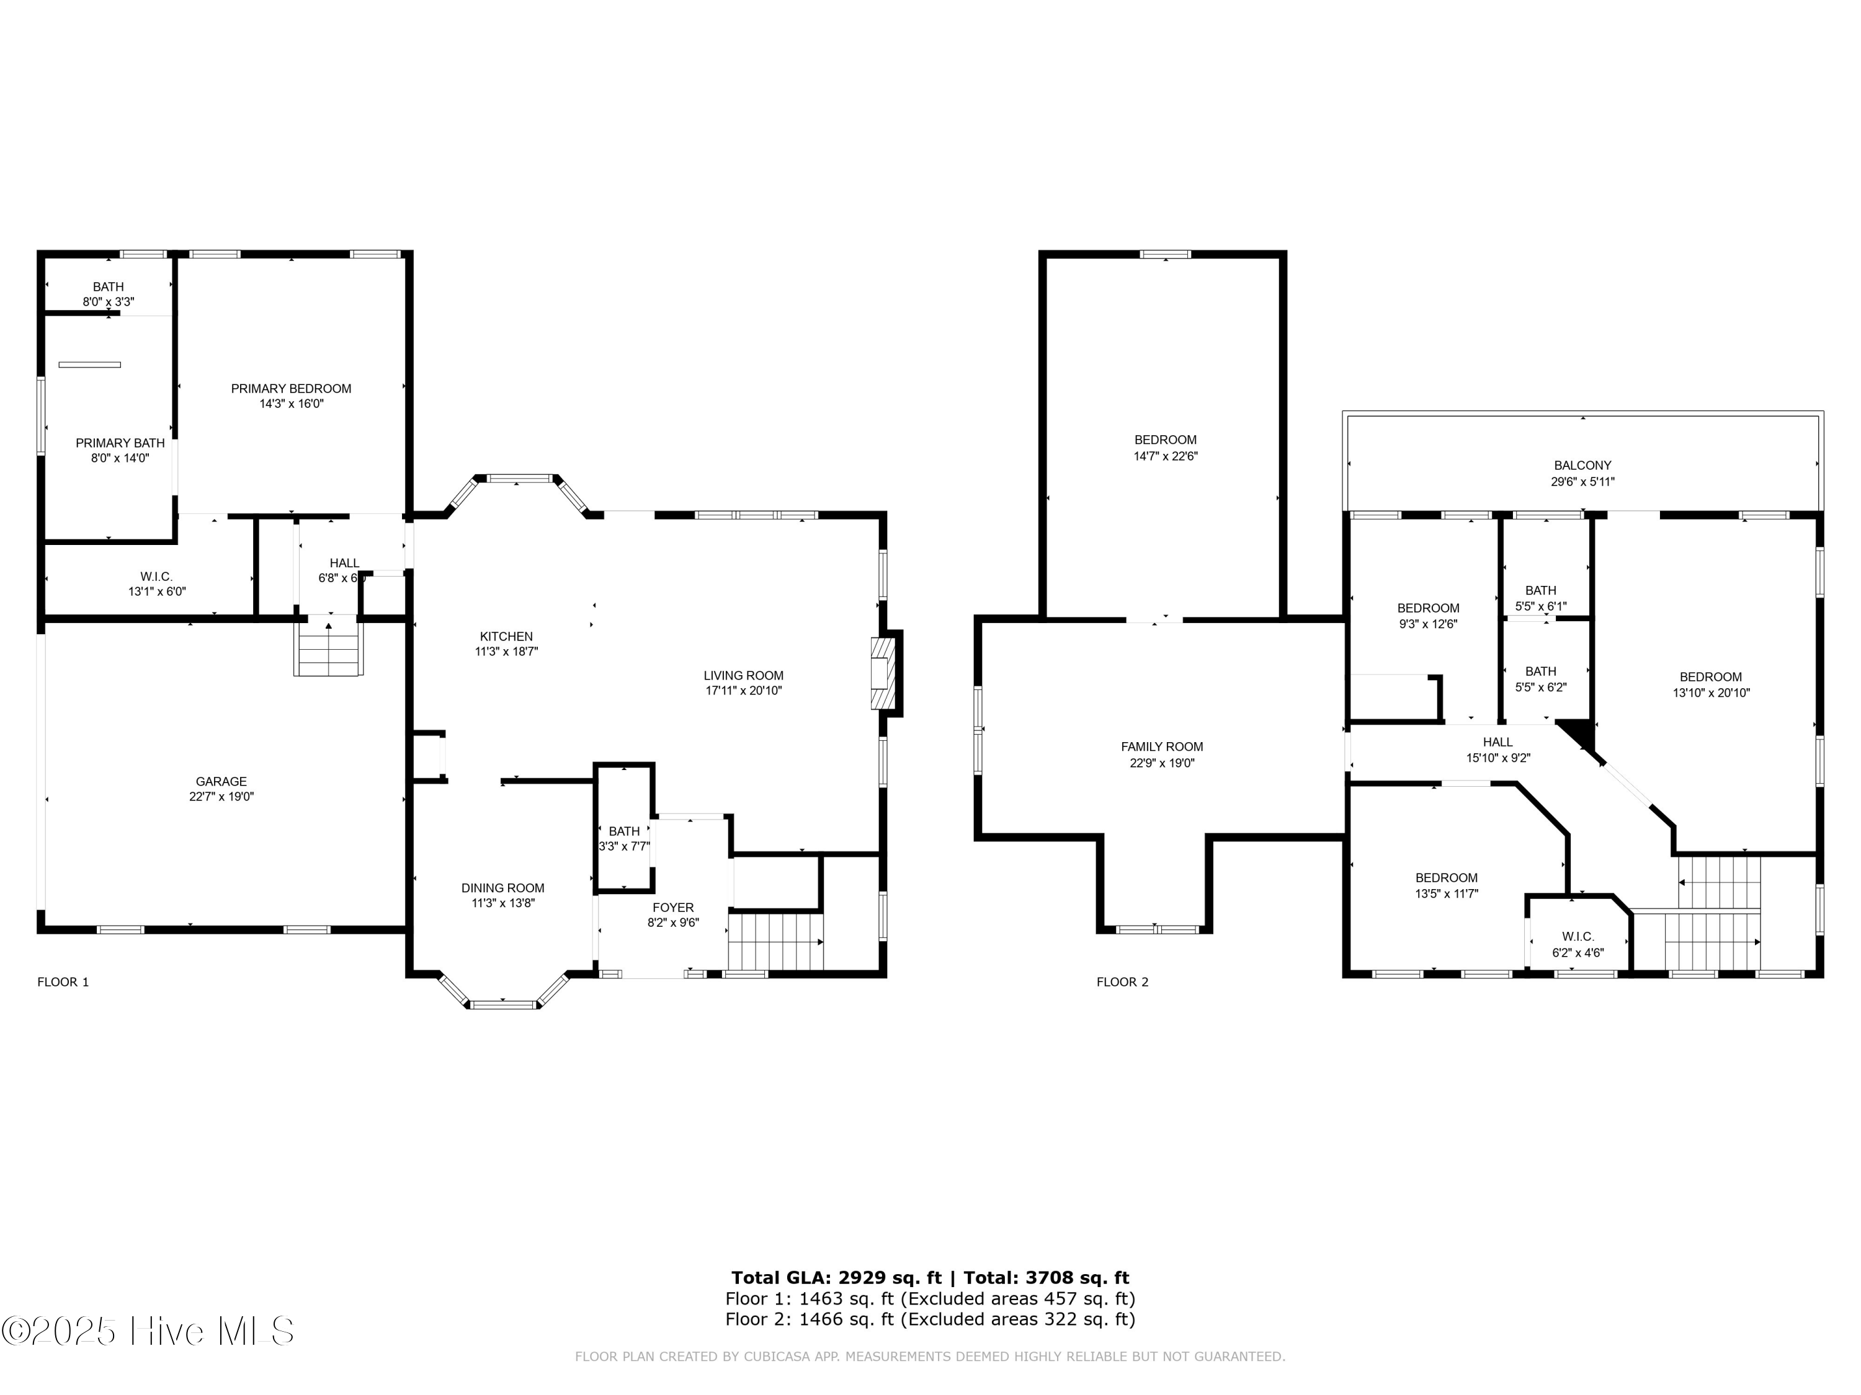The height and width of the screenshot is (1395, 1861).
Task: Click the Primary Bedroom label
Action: click(x=291, y=389)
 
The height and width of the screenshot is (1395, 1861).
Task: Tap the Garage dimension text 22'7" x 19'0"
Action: click(x=221, y=796)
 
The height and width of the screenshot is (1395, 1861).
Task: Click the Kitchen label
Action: click(x=506, y=637)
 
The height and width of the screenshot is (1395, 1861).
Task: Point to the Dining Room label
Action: click(x=502, y=888)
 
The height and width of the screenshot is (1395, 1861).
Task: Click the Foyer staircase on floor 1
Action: click(x=774, y=942)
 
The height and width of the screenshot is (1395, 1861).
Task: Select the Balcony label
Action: click(x=1582, y=465)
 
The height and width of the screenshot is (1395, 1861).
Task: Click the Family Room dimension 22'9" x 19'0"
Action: click(x=1161, y=763)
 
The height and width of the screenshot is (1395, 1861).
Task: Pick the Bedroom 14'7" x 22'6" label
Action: click(x=1165, y=440)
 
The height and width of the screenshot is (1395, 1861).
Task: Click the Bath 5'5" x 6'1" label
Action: click(x=1540, y=590)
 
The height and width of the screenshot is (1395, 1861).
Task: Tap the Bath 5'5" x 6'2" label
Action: click(x=1540, y=671)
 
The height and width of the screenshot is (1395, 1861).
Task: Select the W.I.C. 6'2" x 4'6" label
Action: click(x=1578, y=937)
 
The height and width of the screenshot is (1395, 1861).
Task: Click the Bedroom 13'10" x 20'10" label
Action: click(x=1710, y=677)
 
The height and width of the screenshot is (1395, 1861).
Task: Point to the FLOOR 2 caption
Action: click(x=1122, y=982)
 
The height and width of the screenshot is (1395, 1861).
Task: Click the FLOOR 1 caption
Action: click(x=63, y=982)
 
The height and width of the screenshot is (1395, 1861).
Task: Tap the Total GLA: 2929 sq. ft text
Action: click(x=836, y=1278)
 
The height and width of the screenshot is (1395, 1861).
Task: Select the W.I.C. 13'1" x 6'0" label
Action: click(x=156, y=576)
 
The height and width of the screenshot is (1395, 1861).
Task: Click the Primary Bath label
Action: click(x=120, y=443)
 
